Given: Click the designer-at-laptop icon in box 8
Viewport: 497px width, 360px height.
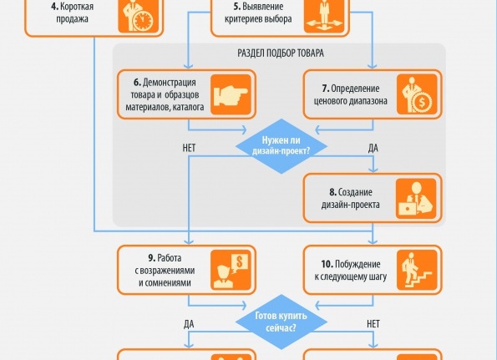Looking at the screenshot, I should pos(413,195).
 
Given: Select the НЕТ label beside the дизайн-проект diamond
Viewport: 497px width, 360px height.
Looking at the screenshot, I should pos(189,149).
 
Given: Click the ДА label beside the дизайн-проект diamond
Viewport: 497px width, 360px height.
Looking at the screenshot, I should pos(373,149).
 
